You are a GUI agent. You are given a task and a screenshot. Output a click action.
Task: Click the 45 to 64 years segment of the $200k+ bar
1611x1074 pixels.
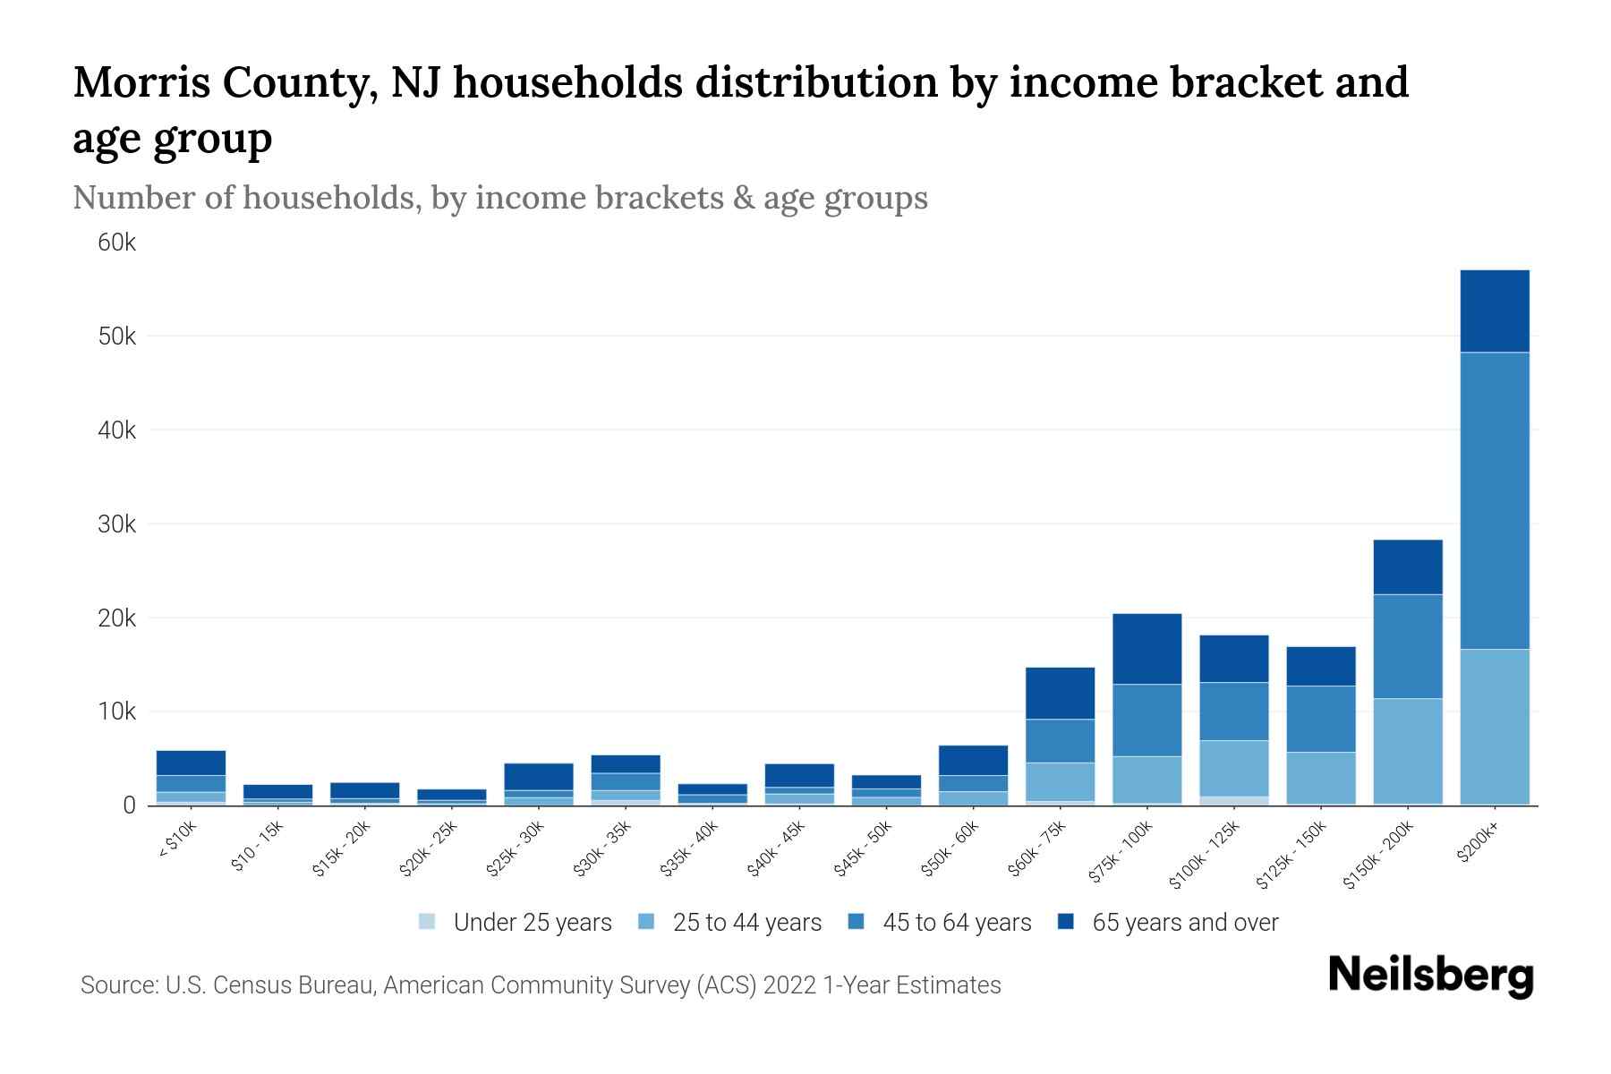pyautogui.click(x=1494, y=501)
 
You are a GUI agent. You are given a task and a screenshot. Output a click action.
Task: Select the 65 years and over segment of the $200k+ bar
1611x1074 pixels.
pyautogui.click(x=1494, y=311)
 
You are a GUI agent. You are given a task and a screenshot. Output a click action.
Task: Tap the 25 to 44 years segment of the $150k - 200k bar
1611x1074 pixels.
pyautogui.click(x=1407, y=751)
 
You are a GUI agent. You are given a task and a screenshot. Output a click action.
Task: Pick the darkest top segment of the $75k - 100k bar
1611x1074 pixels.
pyautogui.click(x=1146, y=649)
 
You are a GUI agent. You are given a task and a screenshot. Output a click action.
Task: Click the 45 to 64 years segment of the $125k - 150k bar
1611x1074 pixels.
pyautogui.click(x=1320, y=719)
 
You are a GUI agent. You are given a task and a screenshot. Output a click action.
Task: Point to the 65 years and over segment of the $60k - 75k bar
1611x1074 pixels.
pyautogui.click(x=1060, y=693)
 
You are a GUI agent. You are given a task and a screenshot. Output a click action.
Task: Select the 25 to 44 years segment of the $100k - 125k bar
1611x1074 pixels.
pyautogui.click(x=1233, y=768)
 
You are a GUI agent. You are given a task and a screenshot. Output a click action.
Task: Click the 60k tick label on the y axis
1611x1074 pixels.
pyautogui.click(x=117, y=243)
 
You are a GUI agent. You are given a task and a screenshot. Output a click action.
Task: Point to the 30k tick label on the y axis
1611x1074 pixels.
pyautogui.click(x=117, y=524)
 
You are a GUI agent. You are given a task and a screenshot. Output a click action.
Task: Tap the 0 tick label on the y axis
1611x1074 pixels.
pyautogui.click(x=129, y=805)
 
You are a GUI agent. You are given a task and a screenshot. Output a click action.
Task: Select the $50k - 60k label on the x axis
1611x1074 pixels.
pyautogui.click(x=950, y=848)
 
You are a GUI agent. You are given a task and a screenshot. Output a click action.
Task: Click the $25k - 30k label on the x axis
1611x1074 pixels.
pyautogui.click(x=516, y=848)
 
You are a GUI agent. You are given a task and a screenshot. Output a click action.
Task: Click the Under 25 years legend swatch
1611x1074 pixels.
pyautogui.click(x=428, y=922)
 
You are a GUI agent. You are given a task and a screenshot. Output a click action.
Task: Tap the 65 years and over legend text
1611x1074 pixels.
pyautogui.click(x=1185, y=923)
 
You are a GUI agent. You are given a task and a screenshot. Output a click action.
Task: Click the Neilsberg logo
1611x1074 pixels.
pyautogui.click(x=1430, y=976)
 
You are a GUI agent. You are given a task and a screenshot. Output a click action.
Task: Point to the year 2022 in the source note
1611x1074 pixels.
pyautogui.click(x=789, y=985)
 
